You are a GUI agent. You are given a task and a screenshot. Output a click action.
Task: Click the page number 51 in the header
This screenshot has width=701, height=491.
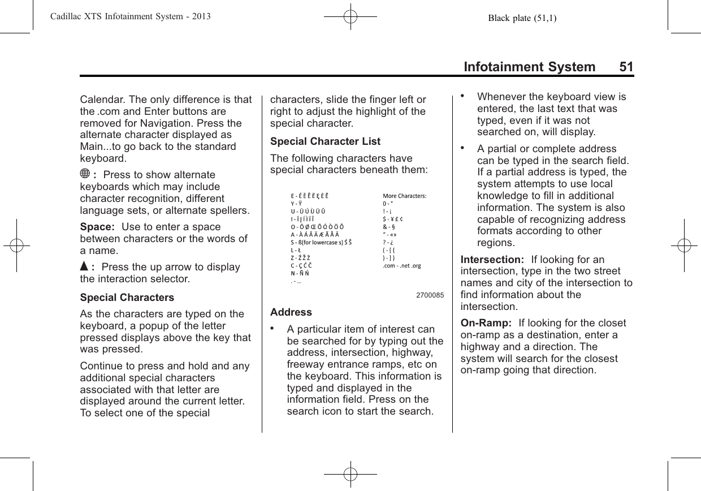tap(626, 67)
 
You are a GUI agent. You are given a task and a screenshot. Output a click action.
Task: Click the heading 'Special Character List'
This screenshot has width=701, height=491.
tap(326, 141)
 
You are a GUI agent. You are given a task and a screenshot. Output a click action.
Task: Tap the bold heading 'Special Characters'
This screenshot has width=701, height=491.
tap(127, 298)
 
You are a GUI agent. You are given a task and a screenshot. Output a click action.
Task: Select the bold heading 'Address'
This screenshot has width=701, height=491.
tap(291, 312)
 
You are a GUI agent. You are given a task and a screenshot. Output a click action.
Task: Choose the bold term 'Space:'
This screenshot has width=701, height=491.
tap(97, 227)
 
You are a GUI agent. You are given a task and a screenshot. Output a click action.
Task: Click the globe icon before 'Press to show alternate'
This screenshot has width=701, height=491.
tap(85, 175)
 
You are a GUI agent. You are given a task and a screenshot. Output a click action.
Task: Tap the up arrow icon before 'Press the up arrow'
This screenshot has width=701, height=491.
tap(84, 267)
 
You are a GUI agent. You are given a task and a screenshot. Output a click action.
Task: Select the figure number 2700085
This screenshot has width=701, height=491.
tap(430, 295)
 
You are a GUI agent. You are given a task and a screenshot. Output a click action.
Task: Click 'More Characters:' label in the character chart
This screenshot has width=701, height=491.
tap(404, 196)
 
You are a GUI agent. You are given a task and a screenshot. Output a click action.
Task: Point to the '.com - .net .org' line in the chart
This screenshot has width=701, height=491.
tap(401, 265)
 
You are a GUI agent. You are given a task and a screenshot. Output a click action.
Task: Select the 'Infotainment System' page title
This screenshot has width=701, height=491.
tap(529, 67)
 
